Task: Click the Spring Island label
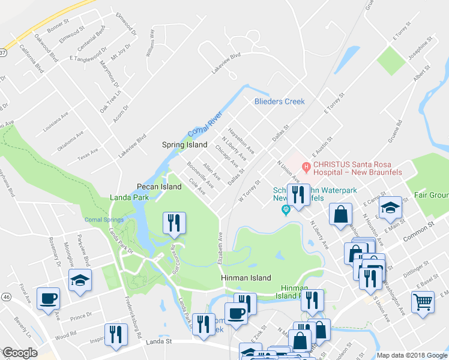click(x=185, y=145)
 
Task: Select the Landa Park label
click(x=128, y=197)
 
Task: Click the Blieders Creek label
click(x=279, y=101)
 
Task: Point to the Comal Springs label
click(x=104, y=220)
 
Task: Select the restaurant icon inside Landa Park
click(x=175, y=223)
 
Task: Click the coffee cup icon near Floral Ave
click(x=48, y=298)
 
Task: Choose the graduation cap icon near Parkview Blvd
click(x=79, y=281)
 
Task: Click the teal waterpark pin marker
click(x=286, y=209)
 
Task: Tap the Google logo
click(x=19, y=353)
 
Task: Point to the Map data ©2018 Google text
click(x=412, y=355)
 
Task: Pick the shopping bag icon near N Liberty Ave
click(x=341, y=214)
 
